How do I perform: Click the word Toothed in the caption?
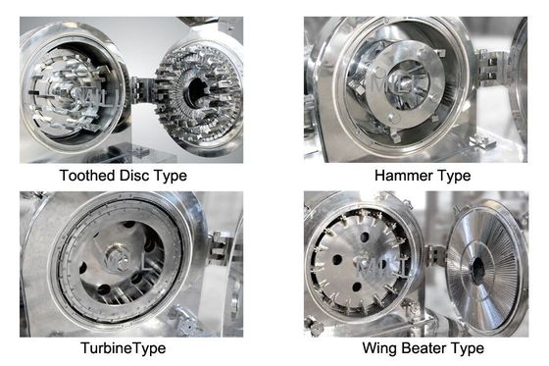85,176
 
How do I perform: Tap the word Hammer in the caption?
403,176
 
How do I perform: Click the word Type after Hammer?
452,176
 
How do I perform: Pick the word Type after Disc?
172,176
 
